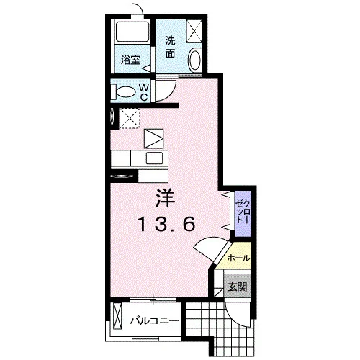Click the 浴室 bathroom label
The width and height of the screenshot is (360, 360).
tap(130, 60)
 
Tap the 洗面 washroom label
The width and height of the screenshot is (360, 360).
tap(170, 48)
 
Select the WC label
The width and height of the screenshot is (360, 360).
tap(144, 91)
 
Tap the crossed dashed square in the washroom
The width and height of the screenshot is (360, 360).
tap(194, 31)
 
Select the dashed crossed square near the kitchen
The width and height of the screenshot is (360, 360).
tap(130, 119)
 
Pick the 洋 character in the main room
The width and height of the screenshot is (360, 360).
tap(166, 198)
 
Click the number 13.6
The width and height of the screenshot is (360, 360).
tap(166, 224)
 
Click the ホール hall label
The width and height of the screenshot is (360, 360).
tap(238, 258)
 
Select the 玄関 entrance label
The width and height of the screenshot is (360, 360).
tap(238, 287)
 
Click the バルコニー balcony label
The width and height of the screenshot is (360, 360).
tap(154, 320)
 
